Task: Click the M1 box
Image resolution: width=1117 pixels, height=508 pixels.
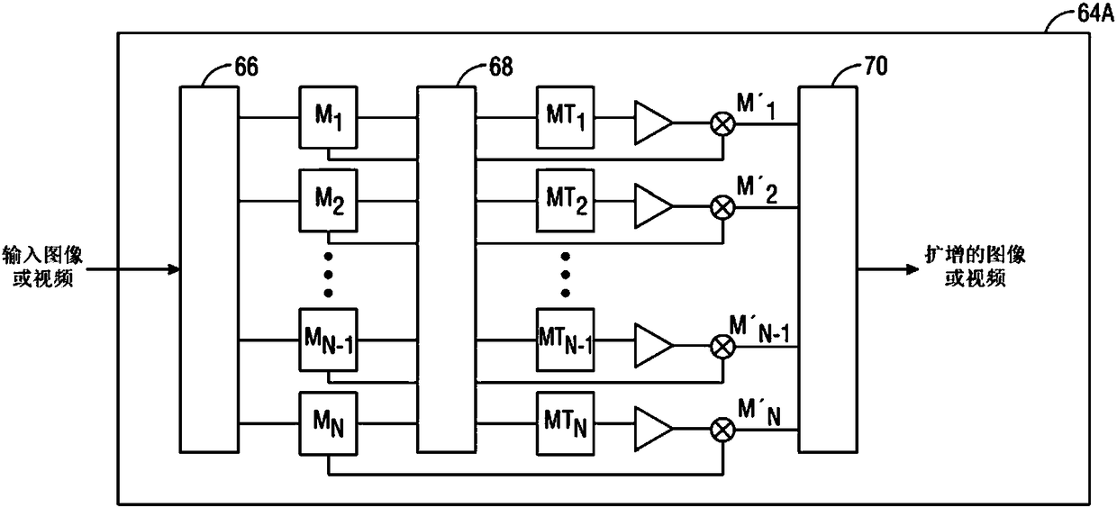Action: [x=328, y=118]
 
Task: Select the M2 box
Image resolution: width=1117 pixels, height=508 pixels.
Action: [x=328, y=201]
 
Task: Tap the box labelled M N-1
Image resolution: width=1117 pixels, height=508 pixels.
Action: [x=328, y=340]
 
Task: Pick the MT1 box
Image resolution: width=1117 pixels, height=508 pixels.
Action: [x=566, y=118]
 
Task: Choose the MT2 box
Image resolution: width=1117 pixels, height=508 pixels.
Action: [x=566, y=201]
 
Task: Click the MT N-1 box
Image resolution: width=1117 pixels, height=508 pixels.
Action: [x=566, y=340]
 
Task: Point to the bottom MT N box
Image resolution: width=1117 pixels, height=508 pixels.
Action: [x=566, y=423]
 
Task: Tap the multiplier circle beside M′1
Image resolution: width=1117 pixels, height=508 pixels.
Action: [x=722, y=123]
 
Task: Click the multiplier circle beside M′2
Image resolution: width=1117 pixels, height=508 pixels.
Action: [x=722, y=207]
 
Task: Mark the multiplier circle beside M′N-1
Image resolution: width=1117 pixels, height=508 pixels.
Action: [x=722, y=347]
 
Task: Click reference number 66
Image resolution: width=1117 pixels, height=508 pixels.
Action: [x=246, y=67]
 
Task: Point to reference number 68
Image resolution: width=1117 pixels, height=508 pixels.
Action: [x=501, y=67]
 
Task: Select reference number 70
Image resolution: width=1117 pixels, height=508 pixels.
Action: [x=876, y=66]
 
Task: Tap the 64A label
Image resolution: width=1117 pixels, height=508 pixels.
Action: [x=1096, y=13]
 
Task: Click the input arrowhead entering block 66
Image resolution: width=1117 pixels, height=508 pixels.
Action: [x=174, y=269]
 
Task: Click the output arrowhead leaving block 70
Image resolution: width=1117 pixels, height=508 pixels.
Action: [x=913, y=269]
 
